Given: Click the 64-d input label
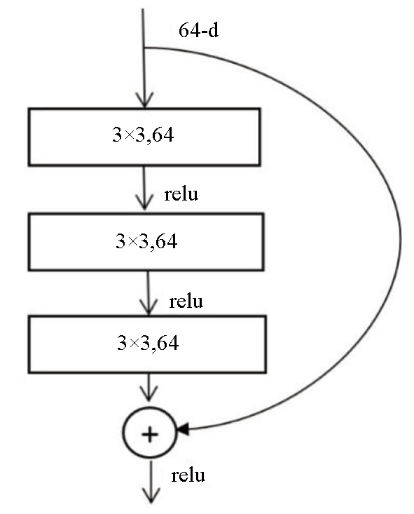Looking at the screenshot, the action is [x=198, y=30].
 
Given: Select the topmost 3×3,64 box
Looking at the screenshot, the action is [x=144, y=137].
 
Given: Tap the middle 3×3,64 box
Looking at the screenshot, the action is [x=146, y=242].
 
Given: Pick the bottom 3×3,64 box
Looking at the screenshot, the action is [x=147, y=344].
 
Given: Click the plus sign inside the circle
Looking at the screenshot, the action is [x=150, y=435].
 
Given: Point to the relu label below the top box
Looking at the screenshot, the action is [x=181, y=194].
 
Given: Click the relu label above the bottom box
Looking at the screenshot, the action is [x=186, y=302].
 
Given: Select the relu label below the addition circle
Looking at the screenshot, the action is [x=188, y=475].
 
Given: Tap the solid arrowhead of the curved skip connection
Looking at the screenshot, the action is [x=183, y=428].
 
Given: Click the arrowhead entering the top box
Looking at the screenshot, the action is [x=144, y=100].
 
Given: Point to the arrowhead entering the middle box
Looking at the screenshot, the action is [x=144, y=202].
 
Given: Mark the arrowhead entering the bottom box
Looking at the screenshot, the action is [x=149, y=306].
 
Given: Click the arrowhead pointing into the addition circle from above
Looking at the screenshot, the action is [x=149, y=393].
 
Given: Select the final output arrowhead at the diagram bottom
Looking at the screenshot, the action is [x=151, y=496].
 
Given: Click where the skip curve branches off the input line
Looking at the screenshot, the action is [x=144, y=48].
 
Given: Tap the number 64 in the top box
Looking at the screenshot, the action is [x=163, y=135].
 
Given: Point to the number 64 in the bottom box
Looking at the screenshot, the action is [x=167, y=343].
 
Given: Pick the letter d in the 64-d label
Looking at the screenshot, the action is [x=213, y=30].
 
